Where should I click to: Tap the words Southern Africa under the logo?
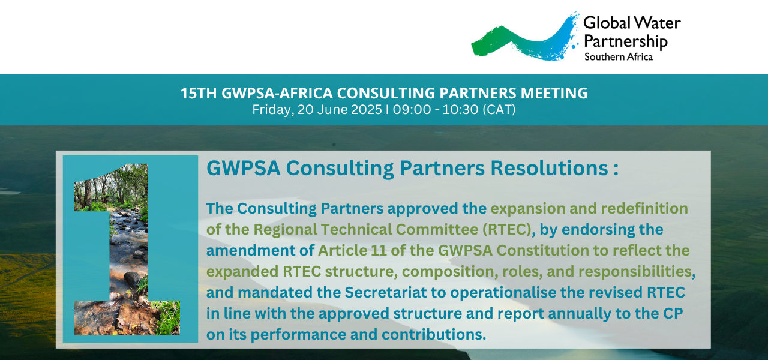(x=619, y=57)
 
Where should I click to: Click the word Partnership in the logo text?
(x=626, y=41)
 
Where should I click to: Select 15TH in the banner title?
(x=199, y=93)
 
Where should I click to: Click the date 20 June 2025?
(x=340, y=110)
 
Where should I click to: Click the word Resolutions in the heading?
(x=549, y=168)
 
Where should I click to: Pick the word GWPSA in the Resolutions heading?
(x=244, y=168)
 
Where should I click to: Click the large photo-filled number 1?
(x=127, y=249)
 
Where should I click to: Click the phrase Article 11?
(x=352, y=250)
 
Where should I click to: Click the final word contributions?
(x=434, y=335)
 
